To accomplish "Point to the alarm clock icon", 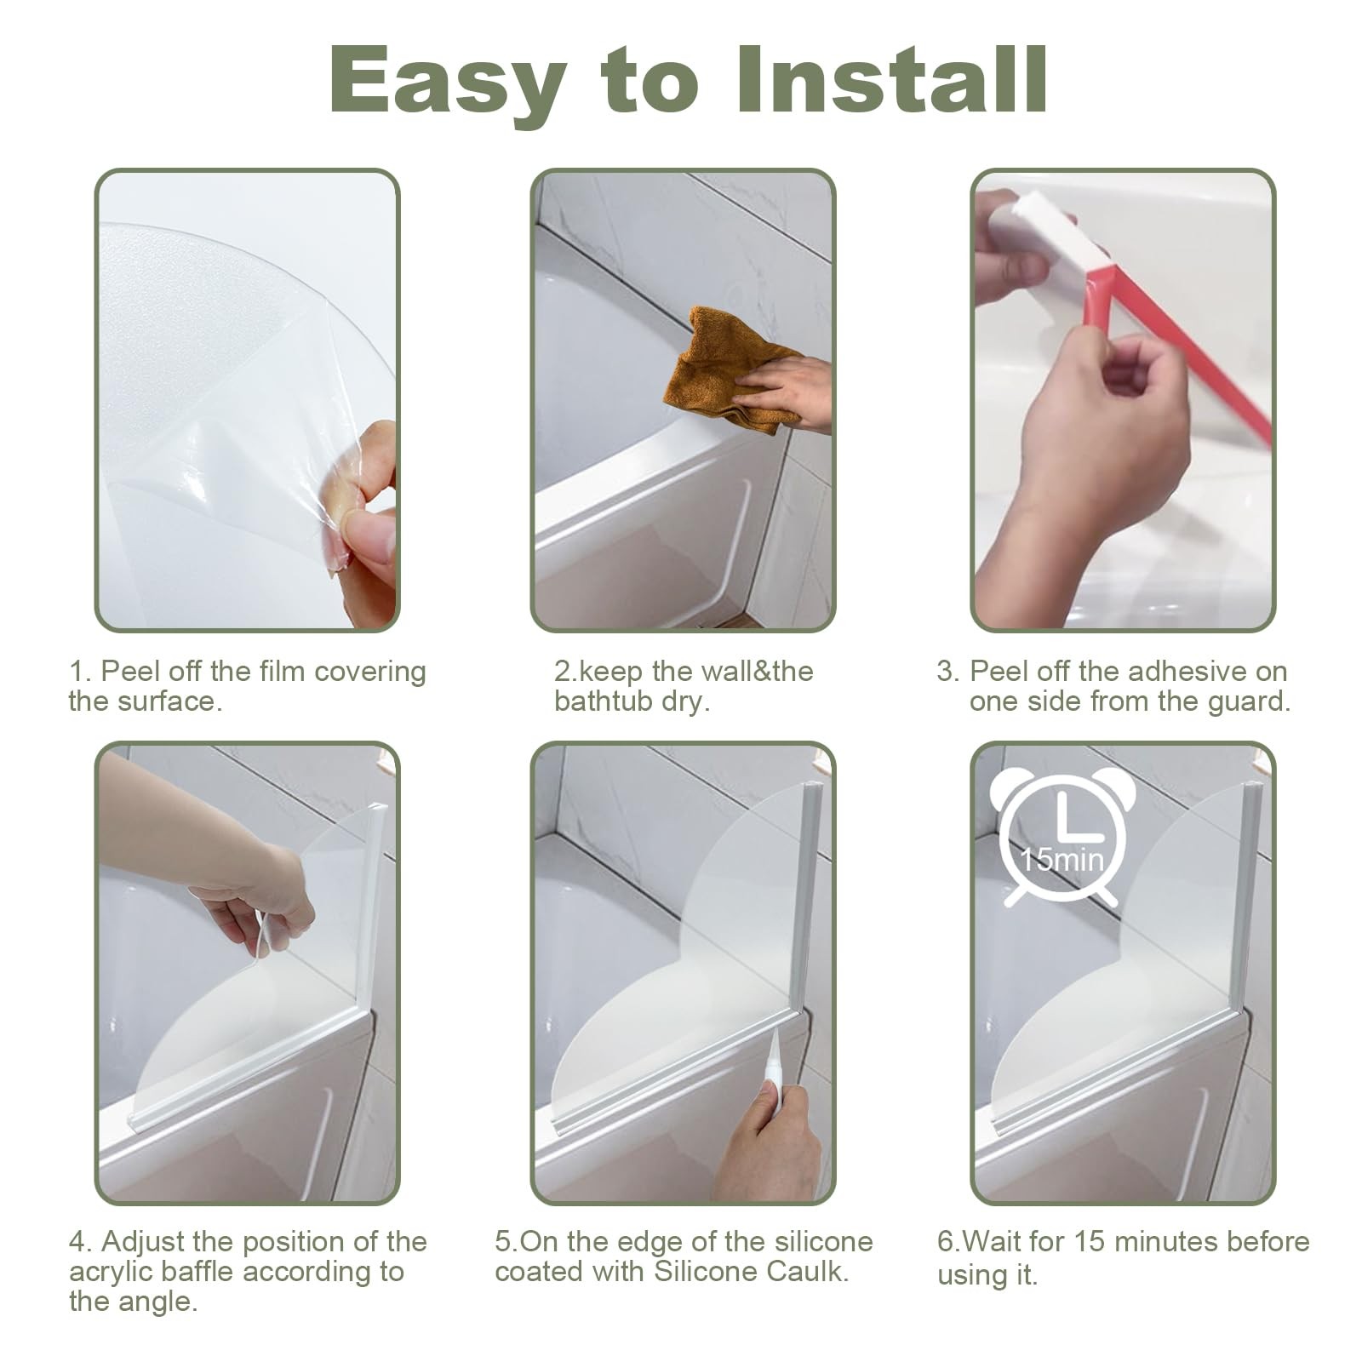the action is click(1062, 838).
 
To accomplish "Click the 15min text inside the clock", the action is click(1062, 859).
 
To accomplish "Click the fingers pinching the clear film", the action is click(366, 519).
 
